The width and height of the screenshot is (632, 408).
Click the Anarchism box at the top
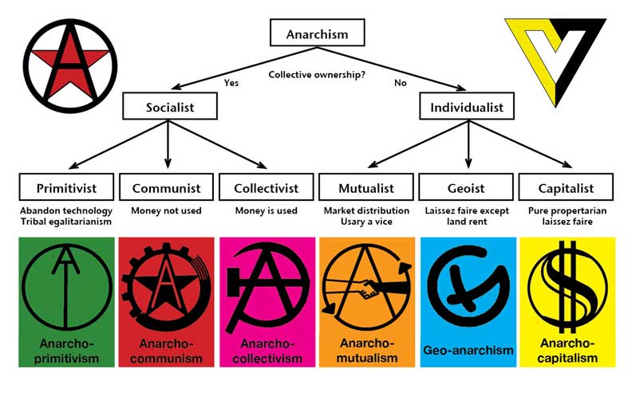pyautogui.click(x=316, y=34)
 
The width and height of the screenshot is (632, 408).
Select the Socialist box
pyautogui.click(x=169, y=106)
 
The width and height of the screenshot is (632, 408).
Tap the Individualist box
pyautogui.click(x=468, y=106)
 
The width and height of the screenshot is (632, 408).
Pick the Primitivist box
pyautogui.click(x=66, y=188)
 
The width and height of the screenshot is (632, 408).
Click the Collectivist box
pyautogui.click(x=266, y=188)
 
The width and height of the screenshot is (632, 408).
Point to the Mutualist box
pyautogui.click(x=366, y=188)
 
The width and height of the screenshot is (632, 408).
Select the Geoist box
pyautogui.click(x=466, y=188)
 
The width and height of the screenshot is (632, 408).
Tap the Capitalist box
pyautogui.click(x=567, y=188)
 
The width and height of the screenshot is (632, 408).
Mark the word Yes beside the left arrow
pyautogui.click(x=231, y=83)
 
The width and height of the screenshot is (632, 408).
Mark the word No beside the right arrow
pyautogui.click(x=400, y=83)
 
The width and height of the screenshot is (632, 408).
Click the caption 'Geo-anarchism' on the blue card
pyautogui.click(x=467, y=350)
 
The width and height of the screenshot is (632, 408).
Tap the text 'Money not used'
pyautogui.click(x=167, y=210)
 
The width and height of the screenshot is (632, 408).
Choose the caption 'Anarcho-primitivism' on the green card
pyautogui.click(x=66, y=351)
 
